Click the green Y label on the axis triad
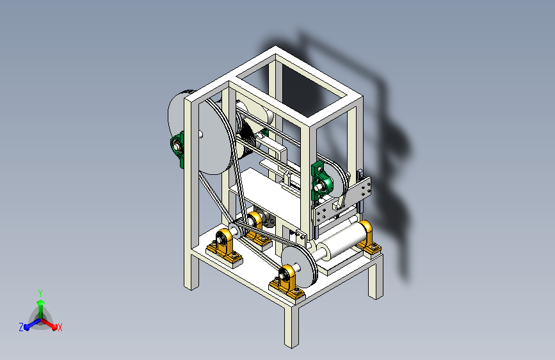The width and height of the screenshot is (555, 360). click(x=40, y=293)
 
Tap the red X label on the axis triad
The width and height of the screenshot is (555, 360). click(x=60, y=327)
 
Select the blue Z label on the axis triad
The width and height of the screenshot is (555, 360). click(x=21, y=327)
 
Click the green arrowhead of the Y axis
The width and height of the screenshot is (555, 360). click(x=41, y=302)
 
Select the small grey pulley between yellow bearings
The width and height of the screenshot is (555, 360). click(x=235, y=229)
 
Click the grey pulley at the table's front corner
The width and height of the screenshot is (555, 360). click(x=298, y=266)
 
